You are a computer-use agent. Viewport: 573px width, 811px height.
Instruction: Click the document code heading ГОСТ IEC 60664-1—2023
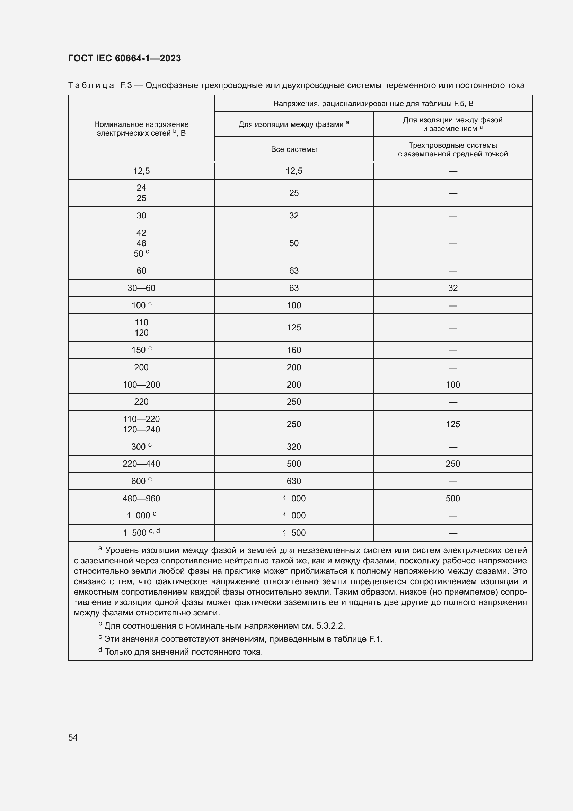tap(124, 58)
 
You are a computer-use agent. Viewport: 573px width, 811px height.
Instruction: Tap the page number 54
tap(73, 737)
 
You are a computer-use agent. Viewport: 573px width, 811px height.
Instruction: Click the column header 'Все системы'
tap(293, 149)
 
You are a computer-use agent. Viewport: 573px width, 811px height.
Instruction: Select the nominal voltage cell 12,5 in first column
tap(141, 171)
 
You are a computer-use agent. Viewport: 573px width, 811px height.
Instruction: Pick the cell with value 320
tap(293, 447)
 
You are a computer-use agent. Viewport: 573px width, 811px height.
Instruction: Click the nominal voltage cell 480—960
tap(141, 498)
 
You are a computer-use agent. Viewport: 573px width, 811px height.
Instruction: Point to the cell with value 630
tap(293, 481)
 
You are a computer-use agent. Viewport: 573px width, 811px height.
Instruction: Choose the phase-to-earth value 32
tap(453, 288)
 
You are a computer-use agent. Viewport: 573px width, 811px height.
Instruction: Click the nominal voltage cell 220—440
tap(141, 464)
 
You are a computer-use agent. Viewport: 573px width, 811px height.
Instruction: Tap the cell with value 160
tap(293, 350)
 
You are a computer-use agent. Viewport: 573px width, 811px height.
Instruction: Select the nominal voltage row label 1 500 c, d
tap(141, 533)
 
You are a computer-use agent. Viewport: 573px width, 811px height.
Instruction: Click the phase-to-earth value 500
tap(453, 498)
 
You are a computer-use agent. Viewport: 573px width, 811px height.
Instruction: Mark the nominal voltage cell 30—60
tap(141, 288)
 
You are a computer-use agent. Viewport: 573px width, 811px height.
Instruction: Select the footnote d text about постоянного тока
tap(184, 652)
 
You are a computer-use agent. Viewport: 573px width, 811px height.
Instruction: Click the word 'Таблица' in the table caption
tap(91, 86)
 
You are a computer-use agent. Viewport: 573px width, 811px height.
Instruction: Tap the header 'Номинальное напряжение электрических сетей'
tap(141, 129)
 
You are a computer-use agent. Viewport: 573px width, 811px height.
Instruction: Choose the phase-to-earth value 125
tap(453, 424)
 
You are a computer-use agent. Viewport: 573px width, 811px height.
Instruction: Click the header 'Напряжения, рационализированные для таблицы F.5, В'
tap(373, 103)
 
